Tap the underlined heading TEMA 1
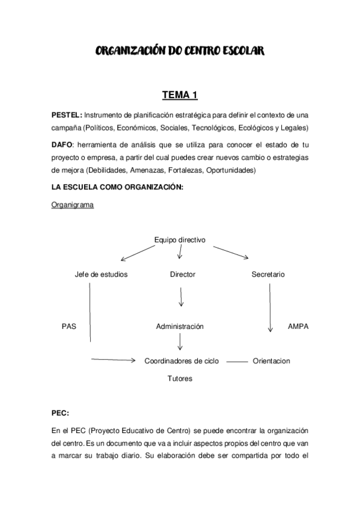coord(180,94)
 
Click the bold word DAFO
coord(62,144)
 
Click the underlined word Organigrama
coord(72,205)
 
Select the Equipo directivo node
coord(180,240)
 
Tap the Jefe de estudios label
coord(101,274)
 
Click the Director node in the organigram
coord(183,274)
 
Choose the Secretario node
coord(268,274)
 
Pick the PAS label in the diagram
coord(69,327)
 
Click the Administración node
coord(180,327)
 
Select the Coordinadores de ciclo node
coord(182,361)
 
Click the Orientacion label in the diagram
coord(272,361)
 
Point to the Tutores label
coord(180,379)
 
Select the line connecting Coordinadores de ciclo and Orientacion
coord(237,361)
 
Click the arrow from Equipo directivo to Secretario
coord(230,252)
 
